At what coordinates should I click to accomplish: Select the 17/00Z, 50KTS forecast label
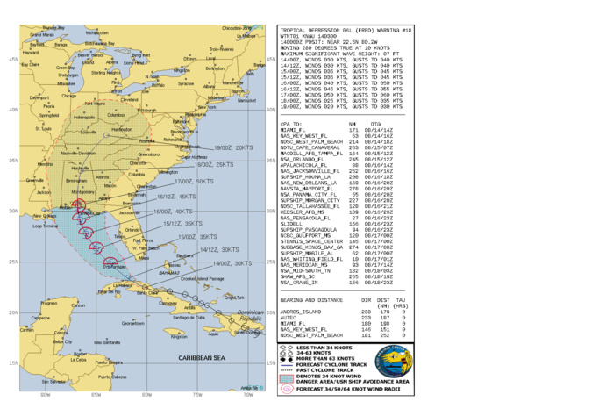[x=194, y=181]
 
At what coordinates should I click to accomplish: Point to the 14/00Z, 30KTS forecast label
[x=232, y=262]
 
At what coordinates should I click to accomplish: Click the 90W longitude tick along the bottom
[x=45, y=395]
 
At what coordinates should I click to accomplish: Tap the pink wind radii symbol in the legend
[x=287, y=387]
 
